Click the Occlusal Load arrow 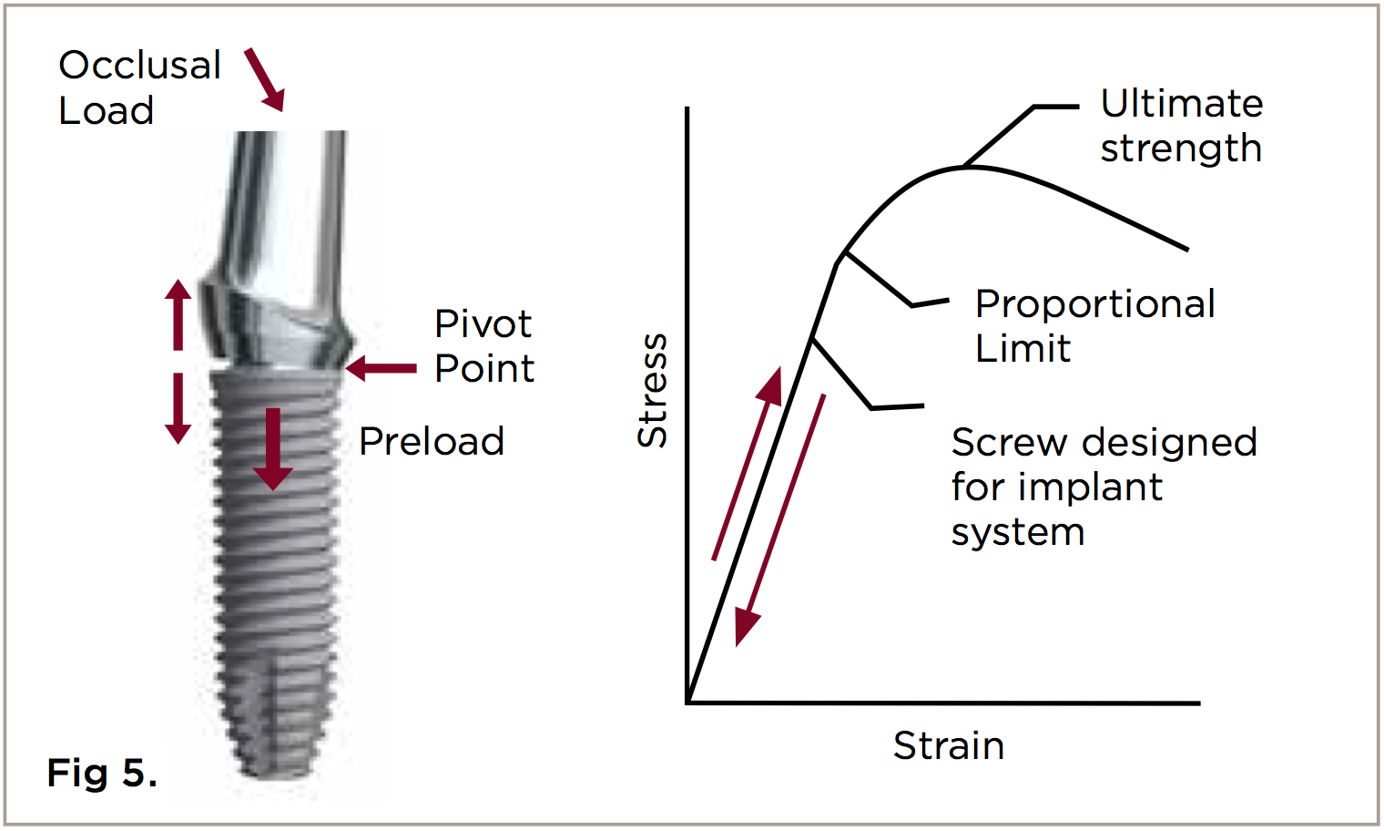[265, 80]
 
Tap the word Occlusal [140, 66]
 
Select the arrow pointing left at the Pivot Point [381, 368]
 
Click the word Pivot [483, 324]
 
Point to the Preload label [432, 442]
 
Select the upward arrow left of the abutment [178, 314]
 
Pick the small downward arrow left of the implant [178, 407]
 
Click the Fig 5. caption [102, 773]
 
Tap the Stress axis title [652, 390]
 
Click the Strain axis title [949, 746]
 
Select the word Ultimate [1182, 104]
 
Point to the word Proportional [1094, 304]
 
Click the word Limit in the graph [1023, 349]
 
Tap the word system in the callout [1018, 532]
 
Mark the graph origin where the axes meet [688, 703]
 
